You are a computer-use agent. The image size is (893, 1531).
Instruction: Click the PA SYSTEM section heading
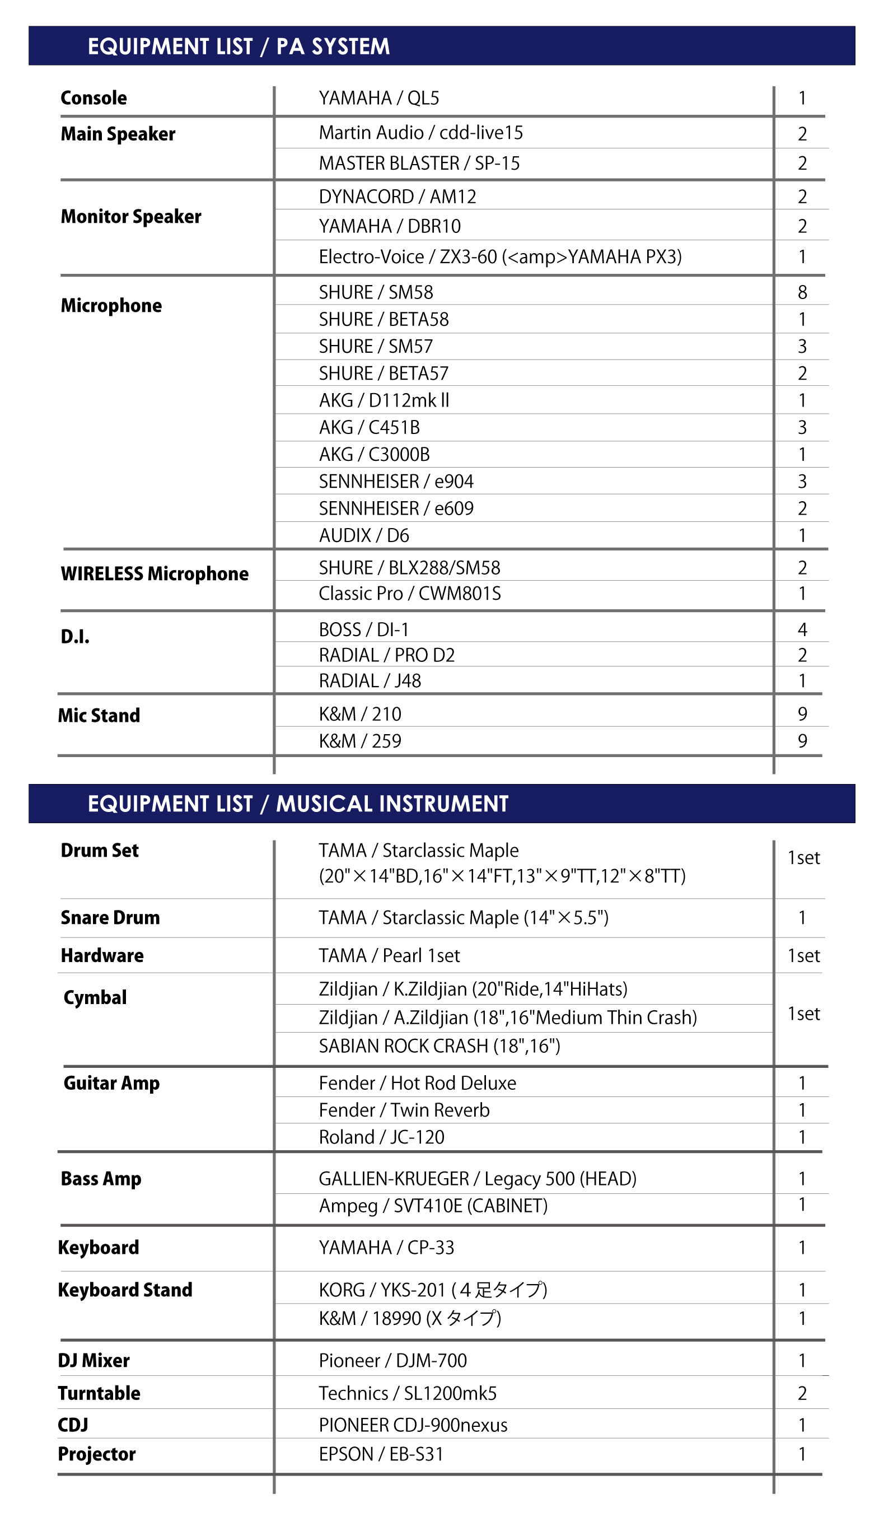pyautogui.click(x=238, y=47)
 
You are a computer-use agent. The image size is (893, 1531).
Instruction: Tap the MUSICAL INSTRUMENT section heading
pyautogui.click(x=298, y=804)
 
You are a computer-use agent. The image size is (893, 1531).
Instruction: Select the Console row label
pyautogui.click(x=93, y=98)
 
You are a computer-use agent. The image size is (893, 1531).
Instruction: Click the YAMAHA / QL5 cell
pyautogui.click(x=378, y=98)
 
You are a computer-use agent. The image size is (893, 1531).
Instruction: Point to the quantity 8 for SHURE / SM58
pyautogui.click(x=802, y=292)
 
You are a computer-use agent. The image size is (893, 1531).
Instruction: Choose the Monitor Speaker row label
pyautogui.click(x=130, y=216)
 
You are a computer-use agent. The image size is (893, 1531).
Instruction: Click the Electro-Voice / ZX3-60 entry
pyautogui.click(x=500, y=256)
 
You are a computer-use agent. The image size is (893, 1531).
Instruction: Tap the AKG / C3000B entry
pyautogui.click(x=374, y=455)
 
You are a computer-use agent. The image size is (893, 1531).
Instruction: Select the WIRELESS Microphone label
pyautogui.click(x=155, y=573)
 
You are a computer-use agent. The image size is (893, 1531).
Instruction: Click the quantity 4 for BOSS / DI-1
pyautogui.click(x=802, y=629)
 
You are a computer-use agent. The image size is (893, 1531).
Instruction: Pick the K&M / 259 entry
pyautogui.click(x=359, y=741)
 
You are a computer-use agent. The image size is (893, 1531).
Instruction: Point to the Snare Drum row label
pyautogui.click(x=110, y=917)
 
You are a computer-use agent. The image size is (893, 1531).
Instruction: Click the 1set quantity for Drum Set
pyautogui.click(x=803, y=858)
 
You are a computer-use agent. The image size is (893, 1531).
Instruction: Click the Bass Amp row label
pyautogui.click(x=101, y=1179)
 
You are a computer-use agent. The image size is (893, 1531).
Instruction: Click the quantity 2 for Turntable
pyautogui.click(x=802, y=1393)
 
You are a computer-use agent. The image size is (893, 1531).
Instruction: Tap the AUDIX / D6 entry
pyautogui.click(x=364, y=535)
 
